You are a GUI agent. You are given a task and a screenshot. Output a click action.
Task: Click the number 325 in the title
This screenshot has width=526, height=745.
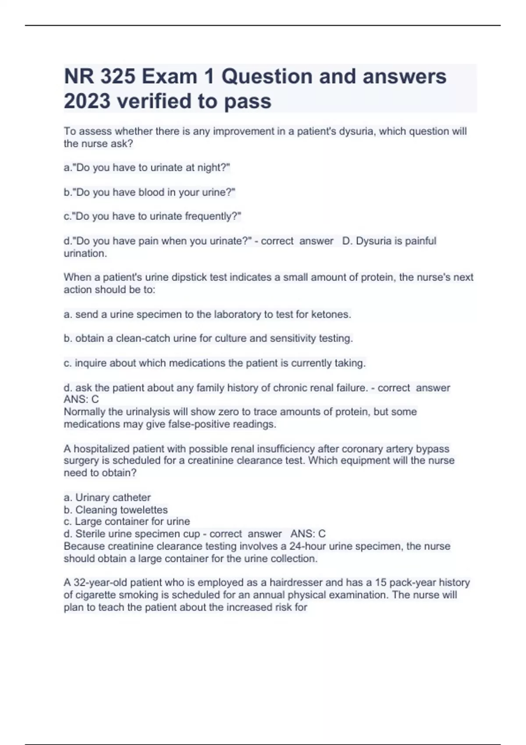point(117,77)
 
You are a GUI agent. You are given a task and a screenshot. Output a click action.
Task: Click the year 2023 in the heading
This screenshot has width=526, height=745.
point(87,101)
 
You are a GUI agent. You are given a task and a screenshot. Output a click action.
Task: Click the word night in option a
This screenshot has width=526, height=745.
point(215,168)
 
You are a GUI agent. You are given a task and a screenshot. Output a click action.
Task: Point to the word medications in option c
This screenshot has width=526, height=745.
point(197,363)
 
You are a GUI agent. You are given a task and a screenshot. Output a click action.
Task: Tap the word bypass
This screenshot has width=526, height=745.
point(432,449)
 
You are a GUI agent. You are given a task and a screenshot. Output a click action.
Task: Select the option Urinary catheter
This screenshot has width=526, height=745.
point(113,497)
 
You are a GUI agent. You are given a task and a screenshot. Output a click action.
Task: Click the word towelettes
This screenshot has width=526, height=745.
point(144,510)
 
